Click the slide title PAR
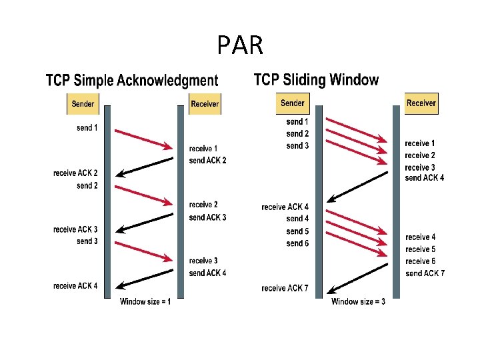pos(240,45)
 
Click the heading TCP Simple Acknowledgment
pos(131,81)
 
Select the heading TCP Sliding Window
pos(316,80)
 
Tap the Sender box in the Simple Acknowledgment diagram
pos(82,103)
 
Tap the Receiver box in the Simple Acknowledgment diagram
pos(205,103)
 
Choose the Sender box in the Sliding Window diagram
pos(293,103)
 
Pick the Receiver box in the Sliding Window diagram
pos(421,103)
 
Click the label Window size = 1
pos(145,302)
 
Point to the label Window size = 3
pos(358,302)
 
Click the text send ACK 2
pos(207,161)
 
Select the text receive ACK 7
pos(285,288)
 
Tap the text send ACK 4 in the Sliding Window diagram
pos(425,177)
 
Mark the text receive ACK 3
pos(75,229)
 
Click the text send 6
pos(297,243)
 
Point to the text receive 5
pos(421,249)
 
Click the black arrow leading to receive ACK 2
pos(144,166)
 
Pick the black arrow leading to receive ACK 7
pos(358,277)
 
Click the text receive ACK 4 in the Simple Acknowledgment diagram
pos(75,286)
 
